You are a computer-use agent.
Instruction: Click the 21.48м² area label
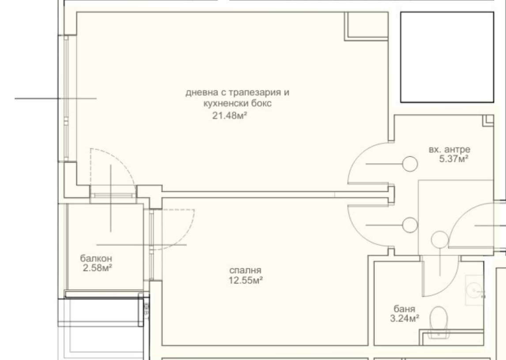[x=230, y=115]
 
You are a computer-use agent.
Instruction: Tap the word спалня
[x=245, y=270]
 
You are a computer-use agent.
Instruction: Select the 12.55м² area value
[x=245, y=280]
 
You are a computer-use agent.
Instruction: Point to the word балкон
[x=96, y=259]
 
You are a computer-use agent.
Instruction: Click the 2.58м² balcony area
[x=98, y=268]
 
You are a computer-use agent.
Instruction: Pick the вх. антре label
[x=449, y=150]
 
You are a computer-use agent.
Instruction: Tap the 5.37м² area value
[x=454, y=159]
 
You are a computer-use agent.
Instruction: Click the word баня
[x=404, y=309]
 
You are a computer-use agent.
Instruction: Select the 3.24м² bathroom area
[x=405, y=319]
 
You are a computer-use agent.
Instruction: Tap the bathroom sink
[x=475, y=290]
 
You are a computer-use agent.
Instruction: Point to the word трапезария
[x=255, y=93]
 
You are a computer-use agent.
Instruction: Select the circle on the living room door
[x=410, y=164]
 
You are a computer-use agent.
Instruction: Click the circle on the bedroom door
[x=410, y=225]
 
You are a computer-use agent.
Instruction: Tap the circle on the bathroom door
[x=439, y=240]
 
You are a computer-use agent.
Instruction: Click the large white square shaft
[x=447, y=57]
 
